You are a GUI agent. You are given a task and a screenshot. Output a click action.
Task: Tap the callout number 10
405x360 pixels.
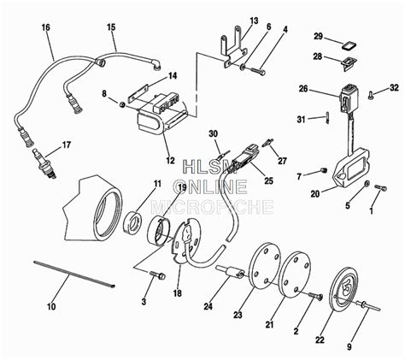coord(50,305)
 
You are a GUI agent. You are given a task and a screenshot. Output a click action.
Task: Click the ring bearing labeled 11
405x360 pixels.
coord(134,223)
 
